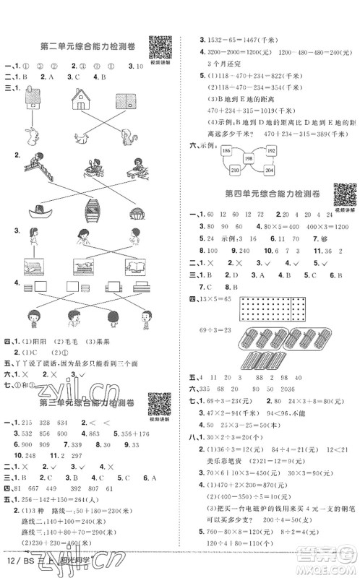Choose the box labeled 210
[x=236, y=171]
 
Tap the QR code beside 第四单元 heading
[x=344, y=194]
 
